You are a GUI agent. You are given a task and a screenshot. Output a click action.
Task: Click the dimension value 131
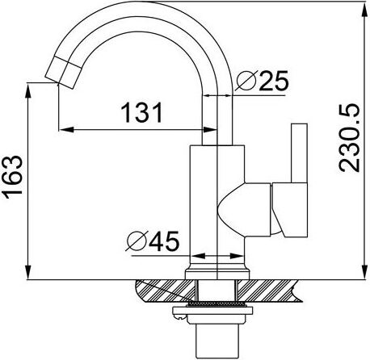tap(142, 112)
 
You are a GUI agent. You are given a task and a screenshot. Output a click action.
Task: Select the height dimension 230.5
tap(349, 138)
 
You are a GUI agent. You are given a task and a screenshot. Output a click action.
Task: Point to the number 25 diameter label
tap(273, 81)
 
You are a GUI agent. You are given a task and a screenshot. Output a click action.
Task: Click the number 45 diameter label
tap(164, 241)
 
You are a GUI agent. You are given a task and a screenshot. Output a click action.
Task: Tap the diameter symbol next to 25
tap(245, 80)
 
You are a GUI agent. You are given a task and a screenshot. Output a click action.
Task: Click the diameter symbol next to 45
tap(137, 241)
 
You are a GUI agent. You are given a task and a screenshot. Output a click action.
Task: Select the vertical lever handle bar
tap(299, 153)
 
